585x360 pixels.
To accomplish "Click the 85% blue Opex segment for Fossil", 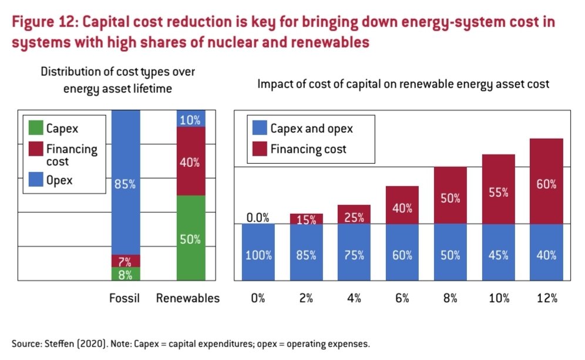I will [125, 183].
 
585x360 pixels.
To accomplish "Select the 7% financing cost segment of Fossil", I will [125, 261].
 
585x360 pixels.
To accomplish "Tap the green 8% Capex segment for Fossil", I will [125, 274].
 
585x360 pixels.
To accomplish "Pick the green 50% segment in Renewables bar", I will [190, 238].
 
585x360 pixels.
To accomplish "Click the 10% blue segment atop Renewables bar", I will [190, 119].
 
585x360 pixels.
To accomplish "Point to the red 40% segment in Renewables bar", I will [190, 162].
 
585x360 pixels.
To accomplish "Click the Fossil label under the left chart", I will [125, 298].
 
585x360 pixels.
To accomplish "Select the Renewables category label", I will [188, 298].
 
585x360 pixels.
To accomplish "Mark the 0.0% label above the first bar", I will [257, 218].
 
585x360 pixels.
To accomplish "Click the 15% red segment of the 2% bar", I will [305, 219].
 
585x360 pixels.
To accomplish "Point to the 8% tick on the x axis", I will [450, 298].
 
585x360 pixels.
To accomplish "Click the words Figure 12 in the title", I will [44, 23].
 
